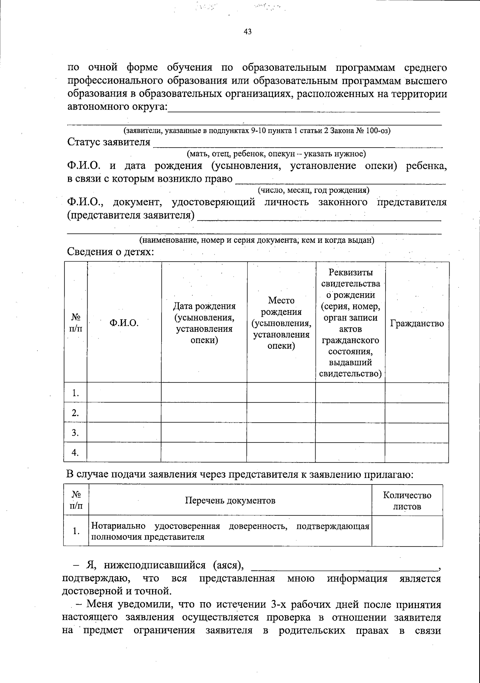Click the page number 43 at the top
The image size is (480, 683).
click(247, 32)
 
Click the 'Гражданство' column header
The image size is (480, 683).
click(417, 323)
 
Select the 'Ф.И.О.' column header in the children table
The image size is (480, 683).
click(124, 323)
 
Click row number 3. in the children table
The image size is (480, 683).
click(75, 433)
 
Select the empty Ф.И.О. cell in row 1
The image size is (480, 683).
click(124, 393)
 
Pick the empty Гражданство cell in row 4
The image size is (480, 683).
click(417, 453)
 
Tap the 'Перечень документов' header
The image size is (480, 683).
click(230, 501)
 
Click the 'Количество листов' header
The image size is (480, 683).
click(407, 501)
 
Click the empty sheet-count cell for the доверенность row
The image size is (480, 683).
click(407, 531)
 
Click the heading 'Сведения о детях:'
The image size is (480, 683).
click(110, 252)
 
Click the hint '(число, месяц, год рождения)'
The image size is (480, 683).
click(313, 190)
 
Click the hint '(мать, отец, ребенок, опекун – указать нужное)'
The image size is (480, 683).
click(276, 154)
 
